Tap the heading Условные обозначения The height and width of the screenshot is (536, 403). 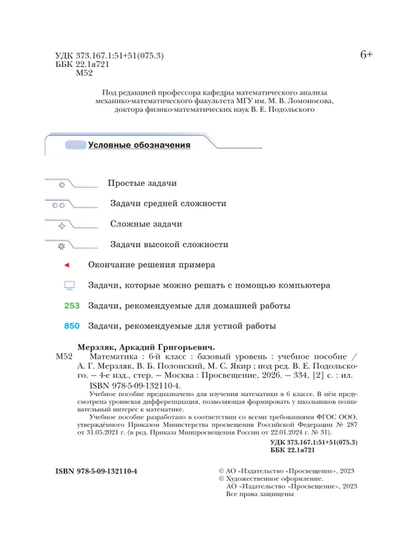139,146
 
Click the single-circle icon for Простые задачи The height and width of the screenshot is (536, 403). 62,185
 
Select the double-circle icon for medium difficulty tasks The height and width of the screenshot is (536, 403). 58,204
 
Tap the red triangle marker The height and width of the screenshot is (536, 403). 67,265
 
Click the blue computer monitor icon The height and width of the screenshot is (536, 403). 69,286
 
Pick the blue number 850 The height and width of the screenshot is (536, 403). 73,326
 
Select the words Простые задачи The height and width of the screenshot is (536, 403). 142,183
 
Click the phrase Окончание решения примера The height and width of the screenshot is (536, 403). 151,265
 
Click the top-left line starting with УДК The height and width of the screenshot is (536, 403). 109,56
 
